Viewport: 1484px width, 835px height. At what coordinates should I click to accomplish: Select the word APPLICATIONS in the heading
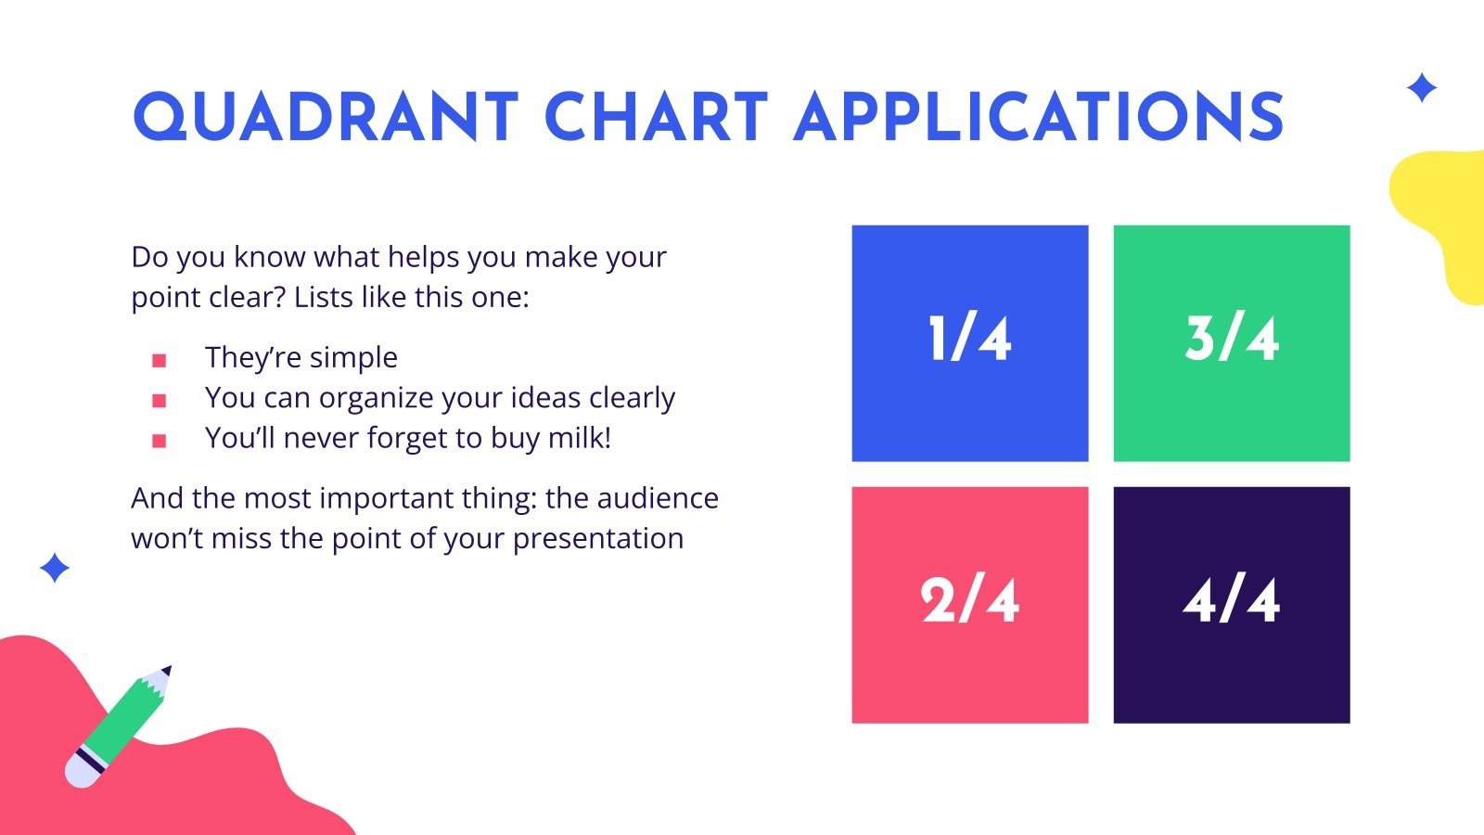click(1038, 117)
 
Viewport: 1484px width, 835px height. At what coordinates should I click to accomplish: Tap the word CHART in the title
click(656, 117)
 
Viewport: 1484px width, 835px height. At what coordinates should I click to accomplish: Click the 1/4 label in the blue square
click(970, 339)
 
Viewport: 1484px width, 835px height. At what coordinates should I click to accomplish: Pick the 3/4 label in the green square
click(1232, 339)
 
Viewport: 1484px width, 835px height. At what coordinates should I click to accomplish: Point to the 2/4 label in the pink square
click(970, 600)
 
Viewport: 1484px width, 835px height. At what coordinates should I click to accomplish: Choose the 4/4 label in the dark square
click(1232, 600)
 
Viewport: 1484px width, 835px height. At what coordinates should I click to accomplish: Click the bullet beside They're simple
click(159, 361)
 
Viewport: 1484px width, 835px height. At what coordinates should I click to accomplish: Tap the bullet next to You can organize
click(159, 400)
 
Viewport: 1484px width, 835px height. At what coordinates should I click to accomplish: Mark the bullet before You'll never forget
click(159, 441)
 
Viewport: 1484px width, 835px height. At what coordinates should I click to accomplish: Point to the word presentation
click(598, 539)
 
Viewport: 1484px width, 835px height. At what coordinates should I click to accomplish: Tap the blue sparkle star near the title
click(1422, 87)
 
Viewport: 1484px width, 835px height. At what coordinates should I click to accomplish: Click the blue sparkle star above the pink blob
click(55, 568)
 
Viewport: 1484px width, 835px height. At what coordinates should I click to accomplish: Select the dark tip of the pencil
click(167, 670)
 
